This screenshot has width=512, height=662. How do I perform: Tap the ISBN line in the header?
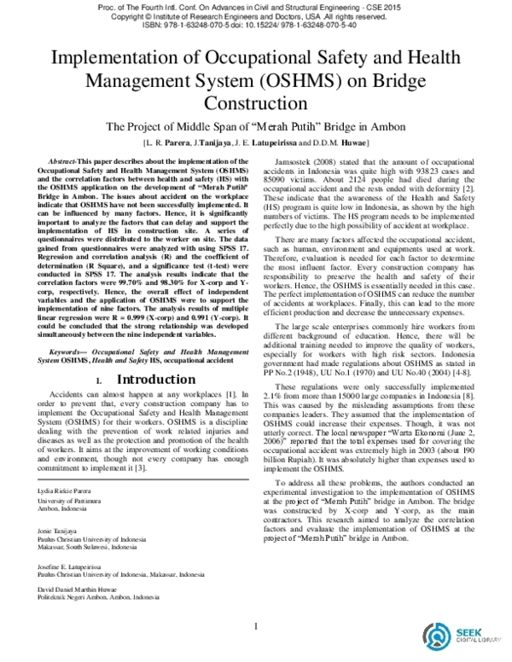tap(256, 25)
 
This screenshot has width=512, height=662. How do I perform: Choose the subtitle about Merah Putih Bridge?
tap(256, 127)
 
